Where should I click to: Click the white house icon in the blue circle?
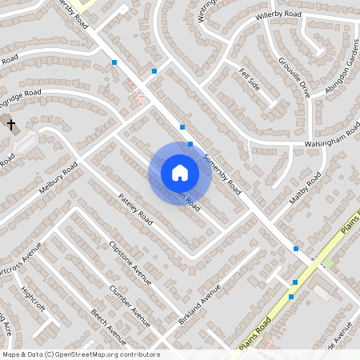click(x=179, y=172)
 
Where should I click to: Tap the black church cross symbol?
click(x=11, y=125)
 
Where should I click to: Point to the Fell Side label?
click(x=250, y=78)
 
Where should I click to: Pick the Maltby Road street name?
click(x=305, y=186)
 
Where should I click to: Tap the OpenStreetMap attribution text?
click(x=81, y=354)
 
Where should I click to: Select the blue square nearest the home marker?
click(x=190, y=144)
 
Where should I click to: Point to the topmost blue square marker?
click(x=114, y=62)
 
